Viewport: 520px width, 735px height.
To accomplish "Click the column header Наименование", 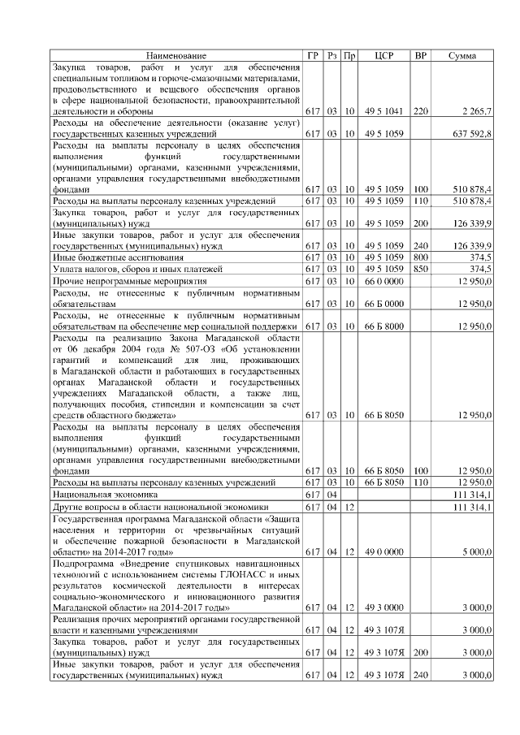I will [x=175, y=55].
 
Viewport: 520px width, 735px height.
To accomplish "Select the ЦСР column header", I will [x=384, y=55].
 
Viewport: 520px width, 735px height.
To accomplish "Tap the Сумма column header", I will [x=462, y=55].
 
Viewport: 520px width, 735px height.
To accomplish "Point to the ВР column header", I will [x=420, y=55].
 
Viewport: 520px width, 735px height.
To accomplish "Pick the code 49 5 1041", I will [x=384, y=110].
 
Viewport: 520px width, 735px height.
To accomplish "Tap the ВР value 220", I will [x=420, y=110].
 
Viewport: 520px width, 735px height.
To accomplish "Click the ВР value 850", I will [x=420, y=269].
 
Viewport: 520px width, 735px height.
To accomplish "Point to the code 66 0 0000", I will [x=384, y=280].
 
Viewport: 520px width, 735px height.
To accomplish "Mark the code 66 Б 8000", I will [x=384, y=326].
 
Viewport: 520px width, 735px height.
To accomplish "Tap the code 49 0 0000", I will [x=384, y=551].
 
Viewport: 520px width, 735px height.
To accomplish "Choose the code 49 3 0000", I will [x=384, y=607].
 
